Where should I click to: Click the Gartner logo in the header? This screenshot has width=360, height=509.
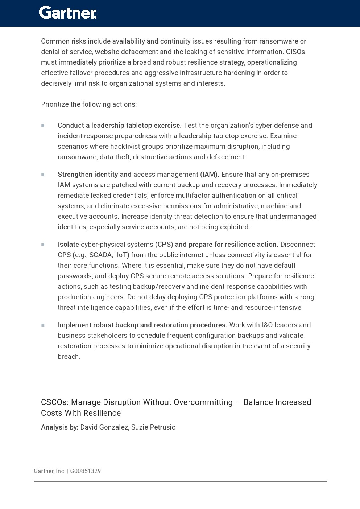[x=68, y=13]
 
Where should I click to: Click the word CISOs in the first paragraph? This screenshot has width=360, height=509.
[x=295, y=52]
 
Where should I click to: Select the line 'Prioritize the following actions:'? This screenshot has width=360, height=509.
[x=89, y=104]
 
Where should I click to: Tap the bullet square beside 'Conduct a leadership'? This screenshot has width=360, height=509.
[x=43, y=126]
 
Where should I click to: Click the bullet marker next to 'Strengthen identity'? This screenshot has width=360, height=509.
[x=43, y=175]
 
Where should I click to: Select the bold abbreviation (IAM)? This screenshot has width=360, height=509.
[x=210, y=175]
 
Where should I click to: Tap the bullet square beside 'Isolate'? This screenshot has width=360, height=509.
[x=43, y=245]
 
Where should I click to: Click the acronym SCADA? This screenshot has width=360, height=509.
[x=100, y=255]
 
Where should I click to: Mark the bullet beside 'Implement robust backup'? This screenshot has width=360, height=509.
[x=43, y=325]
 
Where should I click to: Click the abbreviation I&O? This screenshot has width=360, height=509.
[x=267, y=325]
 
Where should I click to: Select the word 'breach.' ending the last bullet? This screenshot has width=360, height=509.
[x=69, y=357]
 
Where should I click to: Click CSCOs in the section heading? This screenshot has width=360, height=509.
[x=54, y=402]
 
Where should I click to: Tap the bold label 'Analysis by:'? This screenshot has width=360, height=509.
[x=59, y=427]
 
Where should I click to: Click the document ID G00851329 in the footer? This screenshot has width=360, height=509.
[x=85, y=471]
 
